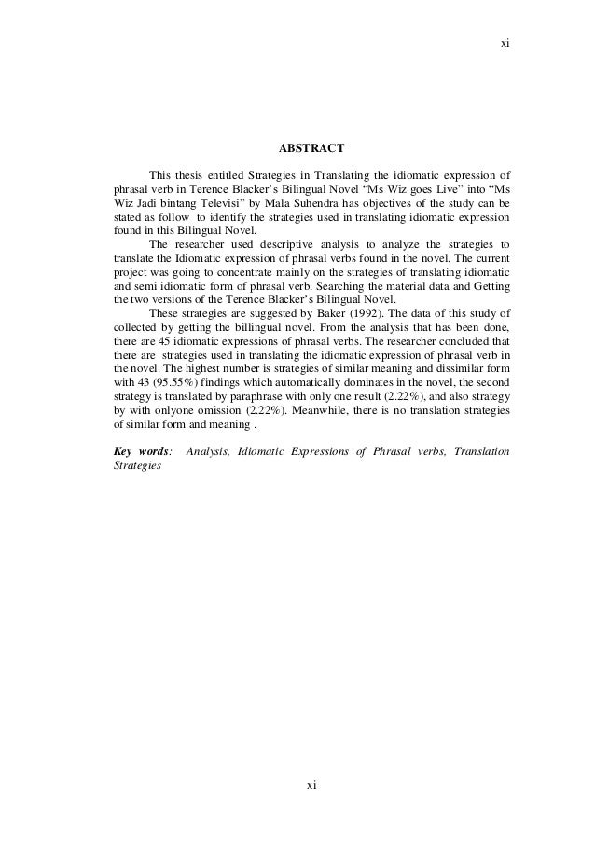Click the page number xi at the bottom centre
[x=312, y=785]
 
